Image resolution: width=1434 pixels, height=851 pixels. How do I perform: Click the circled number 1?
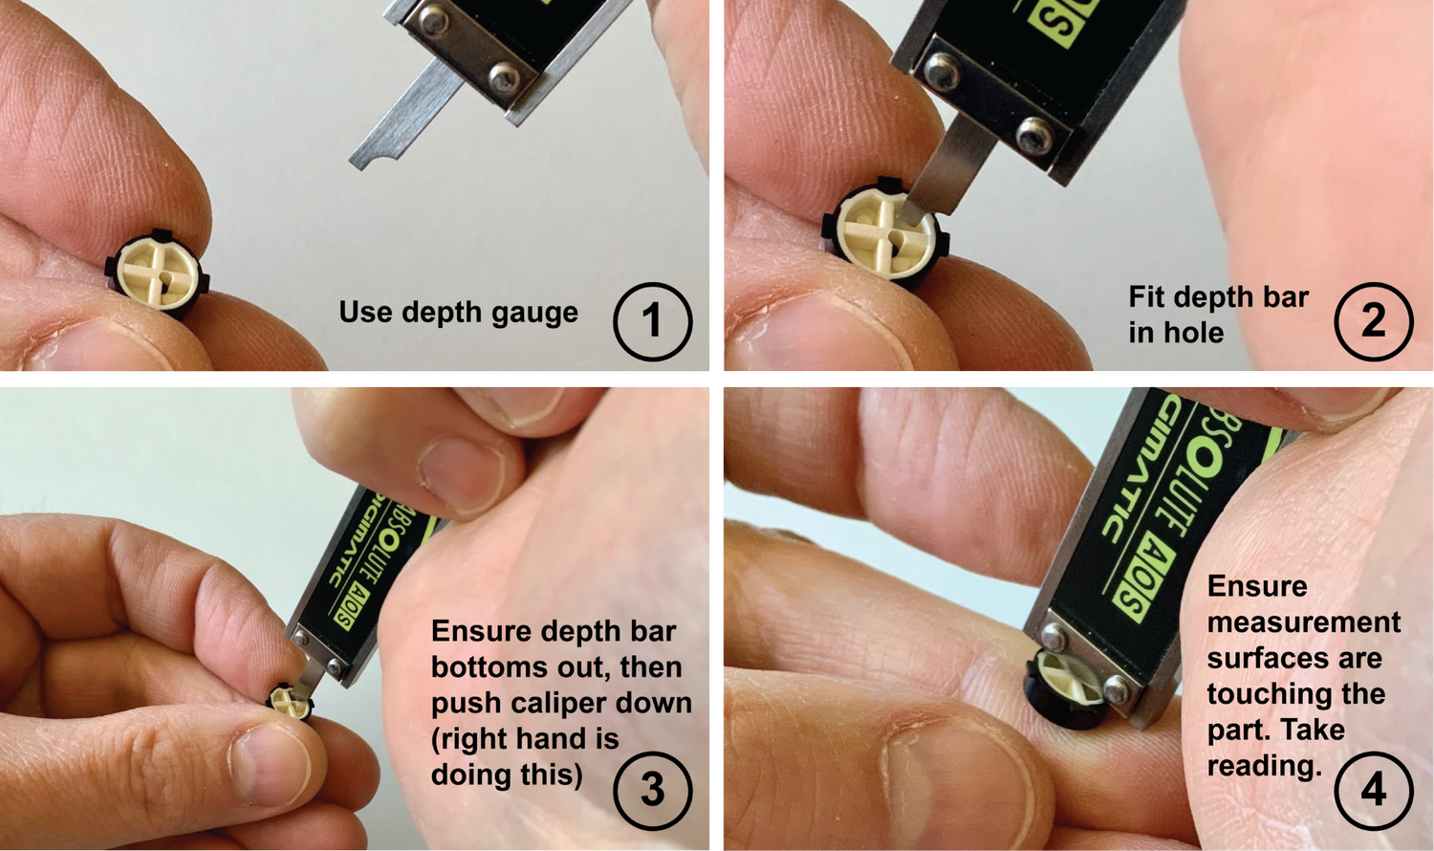tap(652, 321)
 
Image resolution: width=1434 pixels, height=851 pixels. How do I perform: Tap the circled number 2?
tap(1373, 321)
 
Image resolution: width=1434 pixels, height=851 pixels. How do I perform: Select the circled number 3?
tap(652, 790)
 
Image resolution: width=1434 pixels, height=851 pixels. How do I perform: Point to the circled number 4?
tap(1373, 790)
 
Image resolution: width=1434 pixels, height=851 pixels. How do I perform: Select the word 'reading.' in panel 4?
tap(1264, 766)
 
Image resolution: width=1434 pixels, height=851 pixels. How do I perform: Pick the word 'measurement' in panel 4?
tap(1303, 622)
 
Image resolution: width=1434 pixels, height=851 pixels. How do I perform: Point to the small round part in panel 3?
tap(291, 703)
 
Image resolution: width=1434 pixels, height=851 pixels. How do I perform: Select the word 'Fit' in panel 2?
tap(1146, 297)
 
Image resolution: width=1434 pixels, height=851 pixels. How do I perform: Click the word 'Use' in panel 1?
tap(365, 313)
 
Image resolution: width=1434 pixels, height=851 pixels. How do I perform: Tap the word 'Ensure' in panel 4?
tap(1256, 586)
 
